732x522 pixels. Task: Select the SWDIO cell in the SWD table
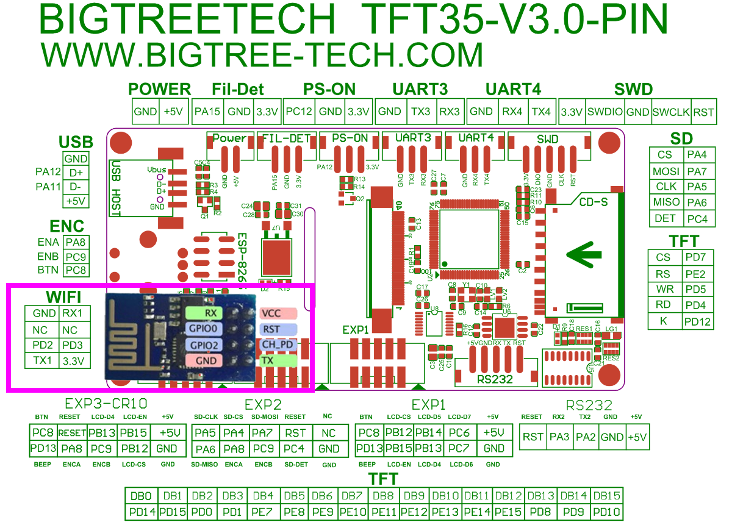coord(605,112)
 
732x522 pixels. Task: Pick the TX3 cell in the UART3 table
coord(420,112)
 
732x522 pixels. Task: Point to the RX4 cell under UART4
coord(512,112)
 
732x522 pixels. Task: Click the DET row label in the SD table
coord(666,218)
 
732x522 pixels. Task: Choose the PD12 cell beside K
coord(697,321)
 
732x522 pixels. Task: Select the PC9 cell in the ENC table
coord(76,256)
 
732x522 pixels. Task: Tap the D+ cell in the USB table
coord(76,173)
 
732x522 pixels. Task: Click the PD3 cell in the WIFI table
coord(75,345)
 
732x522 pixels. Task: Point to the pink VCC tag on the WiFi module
coord(278,313)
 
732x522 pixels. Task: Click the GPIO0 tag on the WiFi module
coord(204,329)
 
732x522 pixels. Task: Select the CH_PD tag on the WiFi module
coord(278,345)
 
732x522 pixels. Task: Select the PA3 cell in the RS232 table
coord(559,437)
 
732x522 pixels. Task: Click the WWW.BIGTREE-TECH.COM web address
coord(262,54)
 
